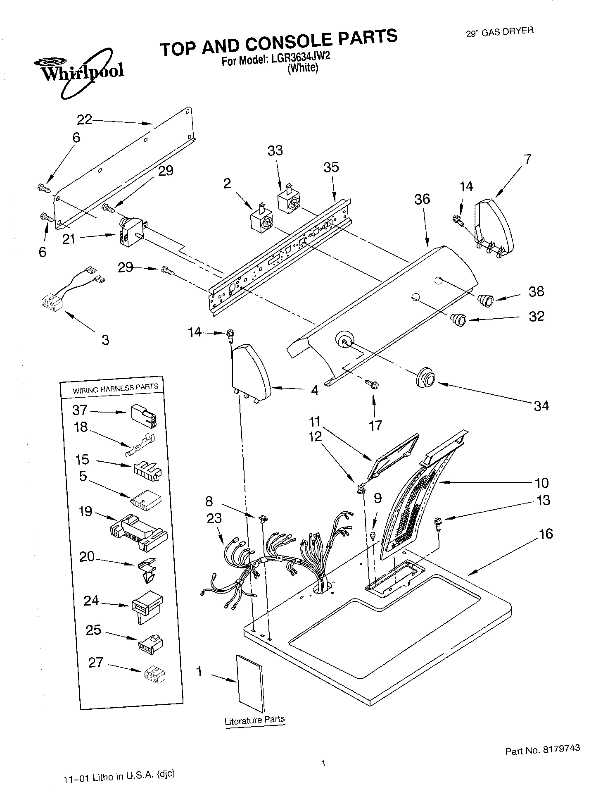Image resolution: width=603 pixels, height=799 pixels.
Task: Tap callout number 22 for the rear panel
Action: pyautogui.click(x=85, y=120)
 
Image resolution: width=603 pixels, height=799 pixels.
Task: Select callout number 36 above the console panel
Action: pyautogui.click(x=422, y=199)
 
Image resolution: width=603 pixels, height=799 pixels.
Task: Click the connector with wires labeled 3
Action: pyautogui.click(x=52, y=301)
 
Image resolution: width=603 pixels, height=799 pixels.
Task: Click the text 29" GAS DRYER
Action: pyautogui.click(x=499, y=32)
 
